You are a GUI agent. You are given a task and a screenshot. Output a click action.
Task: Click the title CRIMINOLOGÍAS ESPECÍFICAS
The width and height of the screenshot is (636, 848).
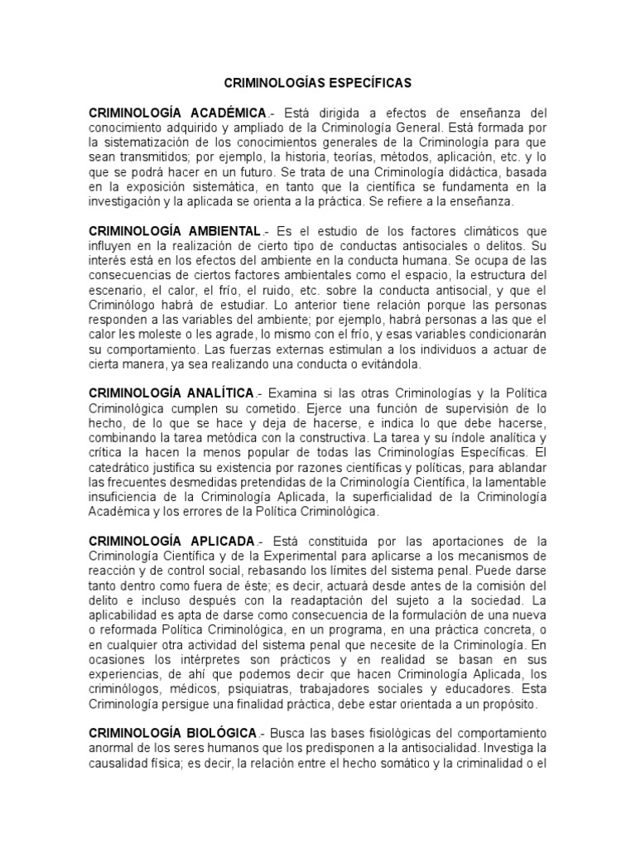pyautogui.click(x=318, y=84)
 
